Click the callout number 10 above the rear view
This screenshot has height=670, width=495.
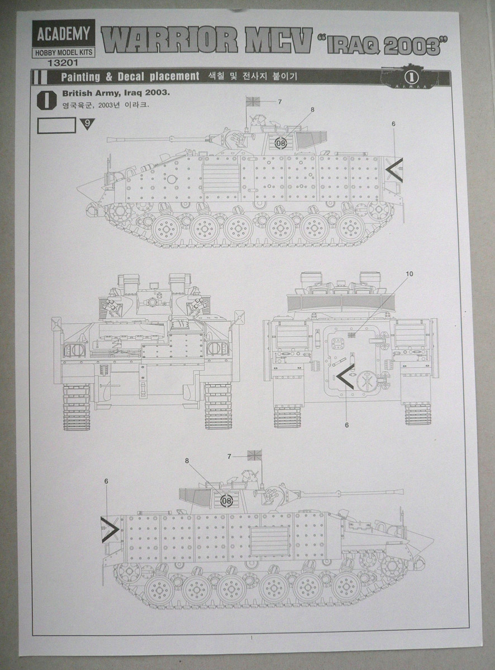(x=410, y=274)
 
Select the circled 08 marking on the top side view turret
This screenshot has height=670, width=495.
(x=280, y=142)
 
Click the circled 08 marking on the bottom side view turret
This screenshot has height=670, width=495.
(x=226, y=500)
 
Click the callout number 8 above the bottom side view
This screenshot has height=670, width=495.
(x=187, y=461)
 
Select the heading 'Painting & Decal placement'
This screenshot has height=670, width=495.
(x=130, y=76)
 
